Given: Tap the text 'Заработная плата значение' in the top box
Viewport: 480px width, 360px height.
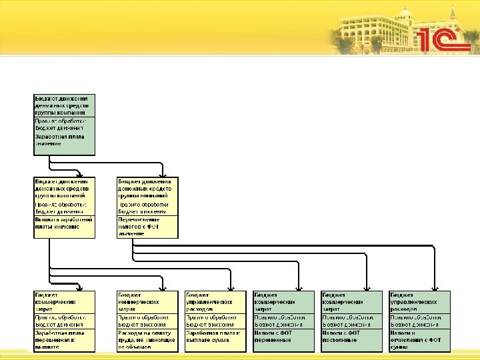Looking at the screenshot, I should point(61,139).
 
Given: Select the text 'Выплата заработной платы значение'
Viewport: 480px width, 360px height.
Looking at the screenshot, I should point(63,223).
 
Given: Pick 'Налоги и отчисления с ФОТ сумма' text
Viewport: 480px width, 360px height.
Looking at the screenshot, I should point(419,339).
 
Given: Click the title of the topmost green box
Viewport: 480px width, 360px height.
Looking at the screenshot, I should point(63,105).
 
